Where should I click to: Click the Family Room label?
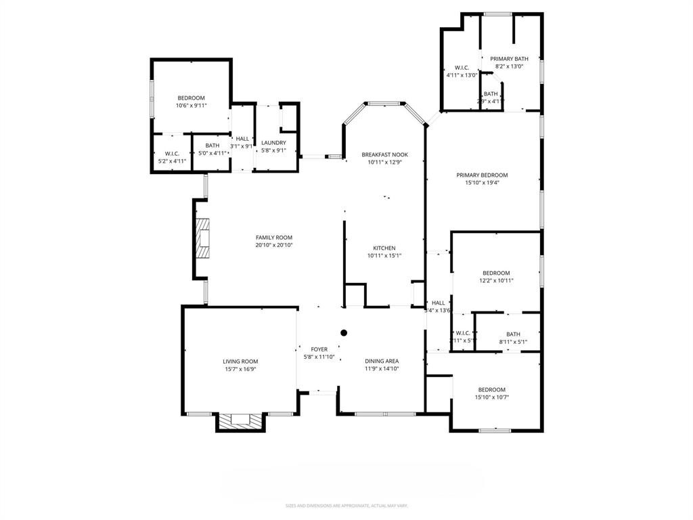pyautogui.click(x=273, y=237)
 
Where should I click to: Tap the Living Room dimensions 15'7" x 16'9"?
pyautogui.click(x=240, y=369)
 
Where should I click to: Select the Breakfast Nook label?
pyautogui.click(x=384, y=154)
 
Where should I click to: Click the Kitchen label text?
pyautogui.click(x=384, y=248)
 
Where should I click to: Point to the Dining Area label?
pyautogui.click(x=382, y=361)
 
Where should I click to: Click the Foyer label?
pyautogui.click(x=319, y=349)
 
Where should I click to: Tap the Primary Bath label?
pyautogui.click(x=509, y=59)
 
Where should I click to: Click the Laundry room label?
pyautogui.click(x=273, y=142)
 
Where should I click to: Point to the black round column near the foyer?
pyautogui.click(x=344, y=332)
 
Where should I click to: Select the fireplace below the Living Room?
pyautogui.click(x=240, y=420)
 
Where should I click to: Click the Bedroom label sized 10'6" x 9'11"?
pyautogui.click(x=191, y=98)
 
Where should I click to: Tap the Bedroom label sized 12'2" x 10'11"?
pyautogui.click(x=495, y=273)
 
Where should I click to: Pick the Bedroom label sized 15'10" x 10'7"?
pyautogui.click(x=491, y=389)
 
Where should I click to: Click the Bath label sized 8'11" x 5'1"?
pyautogui.click(x=513, y=334)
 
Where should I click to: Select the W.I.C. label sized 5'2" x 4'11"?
pyautogui.click(x=171, y=153)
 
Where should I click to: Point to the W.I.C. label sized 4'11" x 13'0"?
pyautogui.click(x=462, y=68)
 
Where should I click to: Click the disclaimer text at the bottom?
pyautogui.click(x=346, y=505)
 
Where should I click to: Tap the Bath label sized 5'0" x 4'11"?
pyautogui.click(x=212, y=146)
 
